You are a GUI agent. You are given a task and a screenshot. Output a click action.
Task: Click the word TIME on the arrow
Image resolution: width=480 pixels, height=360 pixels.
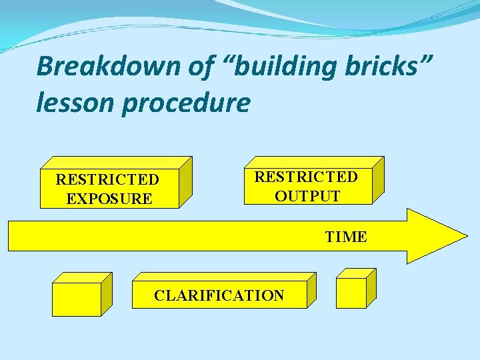point(345,237)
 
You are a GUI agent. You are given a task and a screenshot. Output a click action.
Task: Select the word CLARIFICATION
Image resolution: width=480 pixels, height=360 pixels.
point(219,295)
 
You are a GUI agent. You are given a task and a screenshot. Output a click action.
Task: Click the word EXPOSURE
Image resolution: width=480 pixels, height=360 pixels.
point(109,199)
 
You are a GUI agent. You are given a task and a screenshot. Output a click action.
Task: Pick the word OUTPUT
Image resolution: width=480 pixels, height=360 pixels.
point(307,196)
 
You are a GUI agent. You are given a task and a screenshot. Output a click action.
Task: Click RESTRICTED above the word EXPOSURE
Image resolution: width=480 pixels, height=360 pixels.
point(107,179)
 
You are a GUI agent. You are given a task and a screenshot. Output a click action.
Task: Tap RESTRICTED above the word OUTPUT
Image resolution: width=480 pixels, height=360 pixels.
point(306,177)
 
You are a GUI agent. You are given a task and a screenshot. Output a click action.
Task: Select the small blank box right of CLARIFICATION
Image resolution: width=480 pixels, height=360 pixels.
point(351,293)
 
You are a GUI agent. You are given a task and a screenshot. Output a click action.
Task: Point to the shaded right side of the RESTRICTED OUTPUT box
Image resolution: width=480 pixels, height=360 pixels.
point(378,180)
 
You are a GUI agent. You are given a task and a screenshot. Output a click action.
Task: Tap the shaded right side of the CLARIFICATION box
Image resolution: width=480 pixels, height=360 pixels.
point(311,290)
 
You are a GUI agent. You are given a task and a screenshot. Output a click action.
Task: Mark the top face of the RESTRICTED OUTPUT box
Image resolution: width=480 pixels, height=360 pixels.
point(313,163)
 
